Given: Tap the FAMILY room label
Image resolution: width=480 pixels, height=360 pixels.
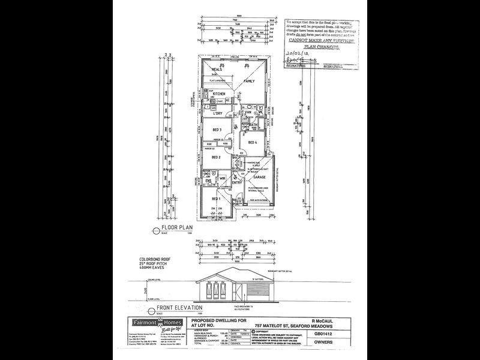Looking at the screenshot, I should click(x=249, y=80).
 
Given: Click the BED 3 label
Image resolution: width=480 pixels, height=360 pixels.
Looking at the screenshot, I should click(x=217, y=130).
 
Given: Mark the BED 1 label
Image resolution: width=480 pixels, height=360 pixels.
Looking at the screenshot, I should click(x=215, y=199).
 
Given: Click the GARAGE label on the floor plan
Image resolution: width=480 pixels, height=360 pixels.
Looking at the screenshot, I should click(x=259, y=178).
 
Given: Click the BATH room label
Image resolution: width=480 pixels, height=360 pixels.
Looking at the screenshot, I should click(x=254, y=125).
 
